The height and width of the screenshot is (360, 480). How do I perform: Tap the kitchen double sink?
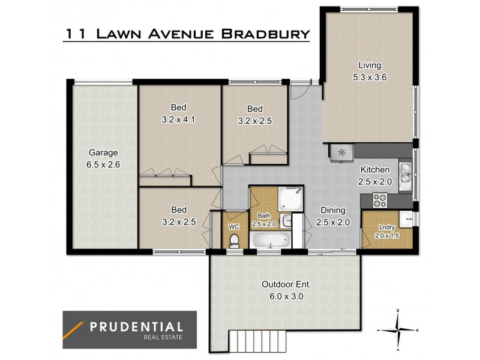pyautogui.click(x=406, y=172)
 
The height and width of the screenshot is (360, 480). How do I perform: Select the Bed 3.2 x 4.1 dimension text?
pyautogui.click(x=179, y=119)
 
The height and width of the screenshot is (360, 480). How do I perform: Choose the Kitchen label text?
pyautogui.click(x=375, y=170)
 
